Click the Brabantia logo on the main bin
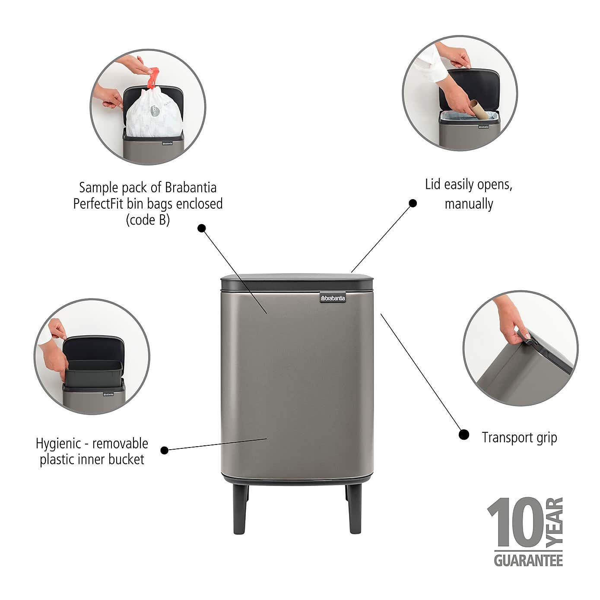(x=333, y=298)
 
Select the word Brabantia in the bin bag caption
(x=191, y=187)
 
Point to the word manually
(x=469, y=203)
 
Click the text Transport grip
(x=519, y=437)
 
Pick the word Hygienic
(x=58, y=444)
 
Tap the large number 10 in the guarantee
(x=514, y=523)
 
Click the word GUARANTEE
(x=528, y=560)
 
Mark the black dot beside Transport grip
(x=463, y=435)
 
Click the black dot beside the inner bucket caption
(x=164, y=450)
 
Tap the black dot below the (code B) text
(x=202, y=228)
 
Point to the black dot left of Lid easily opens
(x=413, y=203)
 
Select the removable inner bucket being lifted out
(x=94, y=371)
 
